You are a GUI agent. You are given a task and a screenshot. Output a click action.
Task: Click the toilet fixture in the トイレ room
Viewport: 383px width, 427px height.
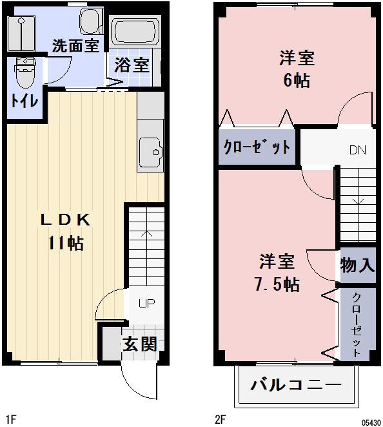[25, 72]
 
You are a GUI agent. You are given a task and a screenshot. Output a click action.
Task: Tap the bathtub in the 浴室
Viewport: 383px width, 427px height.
[134, 30]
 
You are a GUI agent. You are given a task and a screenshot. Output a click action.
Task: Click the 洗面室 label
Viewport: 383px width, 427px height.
[75, 46]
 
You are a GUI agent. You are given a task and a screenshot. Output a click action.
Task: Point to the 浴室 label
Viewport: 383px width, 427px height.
[132, 65]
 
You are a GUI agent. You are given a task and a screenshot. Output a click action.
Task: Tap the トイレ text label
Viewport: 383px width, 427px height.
[24, 101]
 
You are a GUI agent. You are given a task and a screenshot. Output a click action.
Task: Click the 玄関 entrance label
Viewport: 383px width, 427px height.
[140, 344]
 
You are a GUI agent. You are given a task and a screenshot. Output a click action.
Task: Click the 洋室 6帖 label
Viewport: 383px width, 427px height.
[297, 69]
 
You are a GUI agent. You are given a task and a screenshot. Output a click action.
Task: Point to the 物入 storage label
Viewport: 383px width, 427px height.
[357, 265]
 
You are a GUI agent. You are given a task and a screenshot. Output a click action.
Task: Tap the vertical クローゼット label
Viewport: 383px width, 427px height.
[357, 324]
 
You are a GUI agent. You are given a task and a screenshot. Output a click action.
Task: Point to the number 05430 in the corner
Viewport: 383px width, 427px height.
[370, 421]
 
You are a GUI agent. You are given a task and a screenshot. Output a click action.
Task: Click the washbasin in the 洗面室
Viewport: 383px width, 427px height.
[90, 21]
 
